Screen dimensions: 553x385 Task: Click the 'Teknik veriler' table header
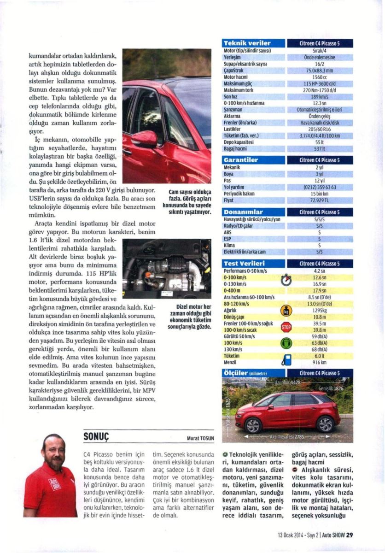246,44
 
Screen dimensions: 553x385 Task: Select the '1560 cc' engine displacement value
319,77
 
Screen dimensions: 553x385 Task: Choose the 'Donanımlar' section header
243,212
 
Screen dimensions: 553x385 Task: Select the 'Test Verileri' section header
245,264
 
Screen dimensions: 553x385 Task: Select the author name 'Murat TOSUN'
199,438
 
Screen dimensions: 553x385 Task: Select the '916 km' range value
319,363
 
